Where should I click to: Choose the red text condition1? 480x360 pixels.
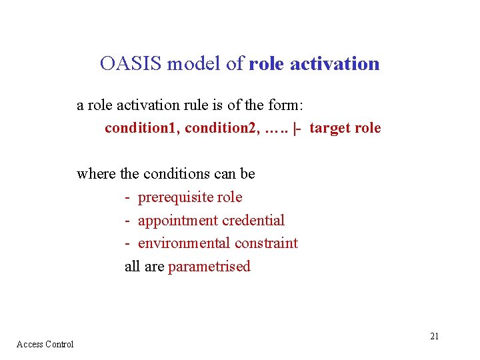click(x=141, y=128)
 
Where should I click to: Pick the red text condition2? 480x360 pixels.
click(x=221, y=128)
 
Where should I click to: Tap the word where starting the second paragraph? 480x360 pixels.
click(x=96, y=174)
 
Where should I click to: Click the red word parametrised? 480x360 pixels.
click(x=209, y=267)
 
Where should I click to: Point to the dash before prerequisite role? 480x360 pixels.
click(x=127, y=198)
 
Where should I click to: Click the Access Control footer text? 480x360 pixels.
click(x=45, y=344)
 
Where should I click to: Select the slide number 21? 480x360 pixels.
click(x=434, y=336)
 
